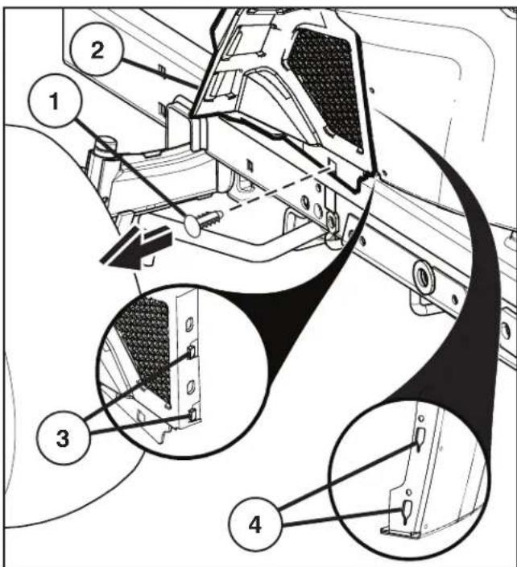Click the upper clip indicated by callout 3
[192, 350]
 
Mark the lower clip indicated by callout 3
[191, 414]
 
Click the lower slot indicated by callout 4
[407, 509]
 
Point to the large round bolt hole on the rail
[422, 274]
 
